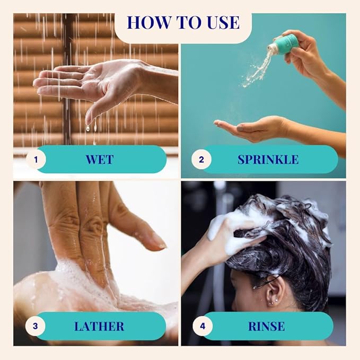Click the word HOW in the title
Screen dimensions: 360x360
point(149,22)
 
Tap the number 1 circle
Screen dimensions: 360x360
point(36,160)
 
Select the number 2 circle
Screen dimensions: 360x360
point(201,160)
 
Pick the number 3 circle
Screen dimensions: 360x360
point(35,326)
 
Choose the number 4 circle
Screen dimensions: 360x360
point(203,326)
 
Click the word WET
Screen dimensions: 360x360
point(100,160)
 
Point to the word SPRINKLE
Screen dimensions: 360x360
point(268,160)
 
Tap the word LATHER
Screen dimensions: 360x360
point(99,326)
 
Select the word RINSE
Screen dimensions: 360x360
point(266,326)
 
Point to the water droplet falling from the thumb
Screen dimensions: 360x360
point(87,128)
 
